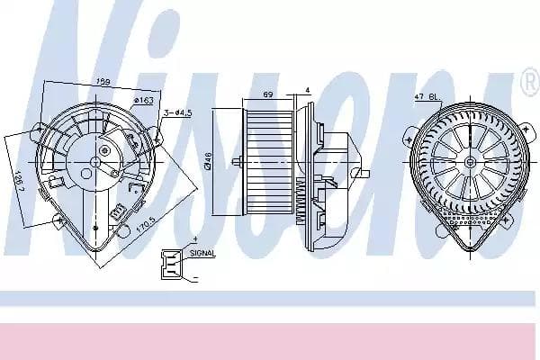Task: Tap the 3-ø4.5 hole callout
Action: [176, 112]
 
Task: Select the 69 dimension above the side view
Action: [267, 94]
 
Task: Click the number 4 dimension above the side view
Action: [307, 88]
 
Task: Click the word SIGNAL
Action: [202, 254]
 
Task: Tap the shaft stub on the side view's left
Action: [237, 162]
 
